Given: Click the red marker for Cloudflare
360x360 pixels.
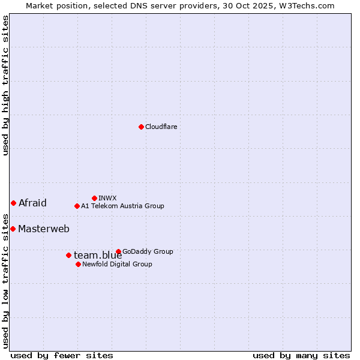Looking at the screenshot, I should (x=141, y=127).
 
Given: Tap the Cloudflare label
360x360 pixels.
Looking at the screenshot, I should (x=161, y=127).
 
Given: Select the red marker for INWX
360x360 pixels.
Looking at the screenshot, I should (x=94, y=198).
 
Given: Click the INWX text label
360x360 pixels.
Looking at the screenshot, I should (x=107, y=198).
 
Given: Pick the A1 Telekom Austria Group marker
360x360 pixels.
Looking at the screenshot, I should (x=77, y=206).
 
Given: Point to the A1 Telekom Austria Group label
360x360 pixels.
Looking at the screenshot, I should (x=122, y=206).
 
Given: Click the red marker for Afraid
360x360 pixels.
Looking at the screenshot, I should (x=13, y=203).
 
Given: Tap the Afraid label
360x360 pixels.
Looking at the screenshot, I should (x=32, y=203).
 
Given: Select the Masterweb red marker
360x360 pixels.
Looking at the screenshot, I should (x=13, y=229).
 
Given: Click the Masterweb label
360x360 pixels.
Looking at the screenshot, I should (x=44, y=229).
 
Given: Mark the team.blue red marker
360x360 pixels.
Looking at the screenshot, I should (x=68, y=255).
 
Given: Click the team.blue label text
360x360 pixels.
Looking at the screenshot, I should (x=98, y=256).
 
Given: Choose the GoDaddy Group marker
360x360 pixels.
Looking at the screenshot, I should (x=118, y=251).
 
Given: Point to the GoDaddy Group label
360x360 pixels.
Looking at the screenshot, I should (x=148, y=251).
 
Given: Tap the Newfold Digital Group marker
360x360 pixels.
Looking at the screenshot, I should (x=78, y=264).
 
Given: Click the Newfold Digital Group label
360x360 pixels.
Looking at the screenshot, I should (x=117, y=264).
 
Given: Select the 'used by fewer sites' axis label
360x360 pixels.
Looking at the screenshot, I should (x=62, y=355).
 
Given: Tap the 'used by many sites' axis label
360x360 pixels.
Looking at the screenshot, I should (x=301, y=355).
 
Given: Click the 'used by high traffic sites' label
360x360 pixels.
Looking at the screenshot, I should (x=5, y=85).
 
